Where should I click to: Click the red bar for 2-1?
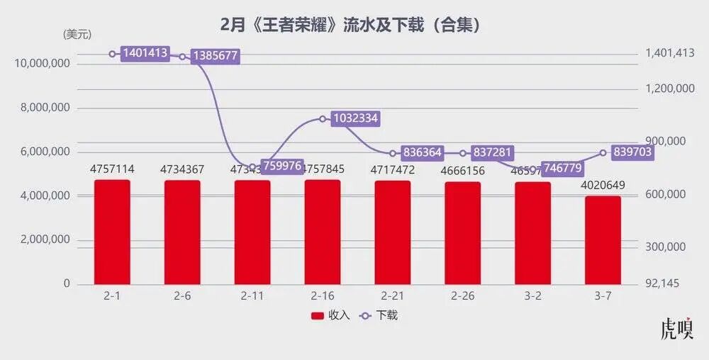point(112,232)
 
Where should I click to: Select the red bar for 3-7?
point(603,240)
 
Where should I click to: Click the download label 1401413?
point(145,53)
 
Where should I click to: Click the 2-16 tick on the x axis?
point(323,296)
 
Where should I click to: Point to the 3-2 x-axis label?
point(532,296)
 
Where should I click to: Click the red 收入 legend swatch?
point(317,315)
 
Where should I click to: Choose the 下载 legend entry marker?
point(367,315)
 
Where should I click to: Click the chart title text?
point(352,26)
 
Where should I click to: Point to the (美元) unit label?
point(77,34)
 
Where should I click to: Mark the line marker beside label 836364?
point(393,153)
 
